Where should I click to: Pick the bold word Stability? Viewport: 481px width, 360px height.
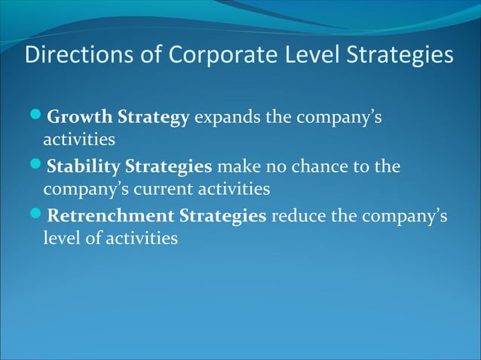[x=81, y=166]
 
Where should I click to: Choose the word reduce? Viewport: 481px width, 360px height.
[x=296, y=216]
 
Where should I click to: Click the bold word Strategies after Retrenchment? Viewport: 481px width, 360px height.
[x=222, y=216]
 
